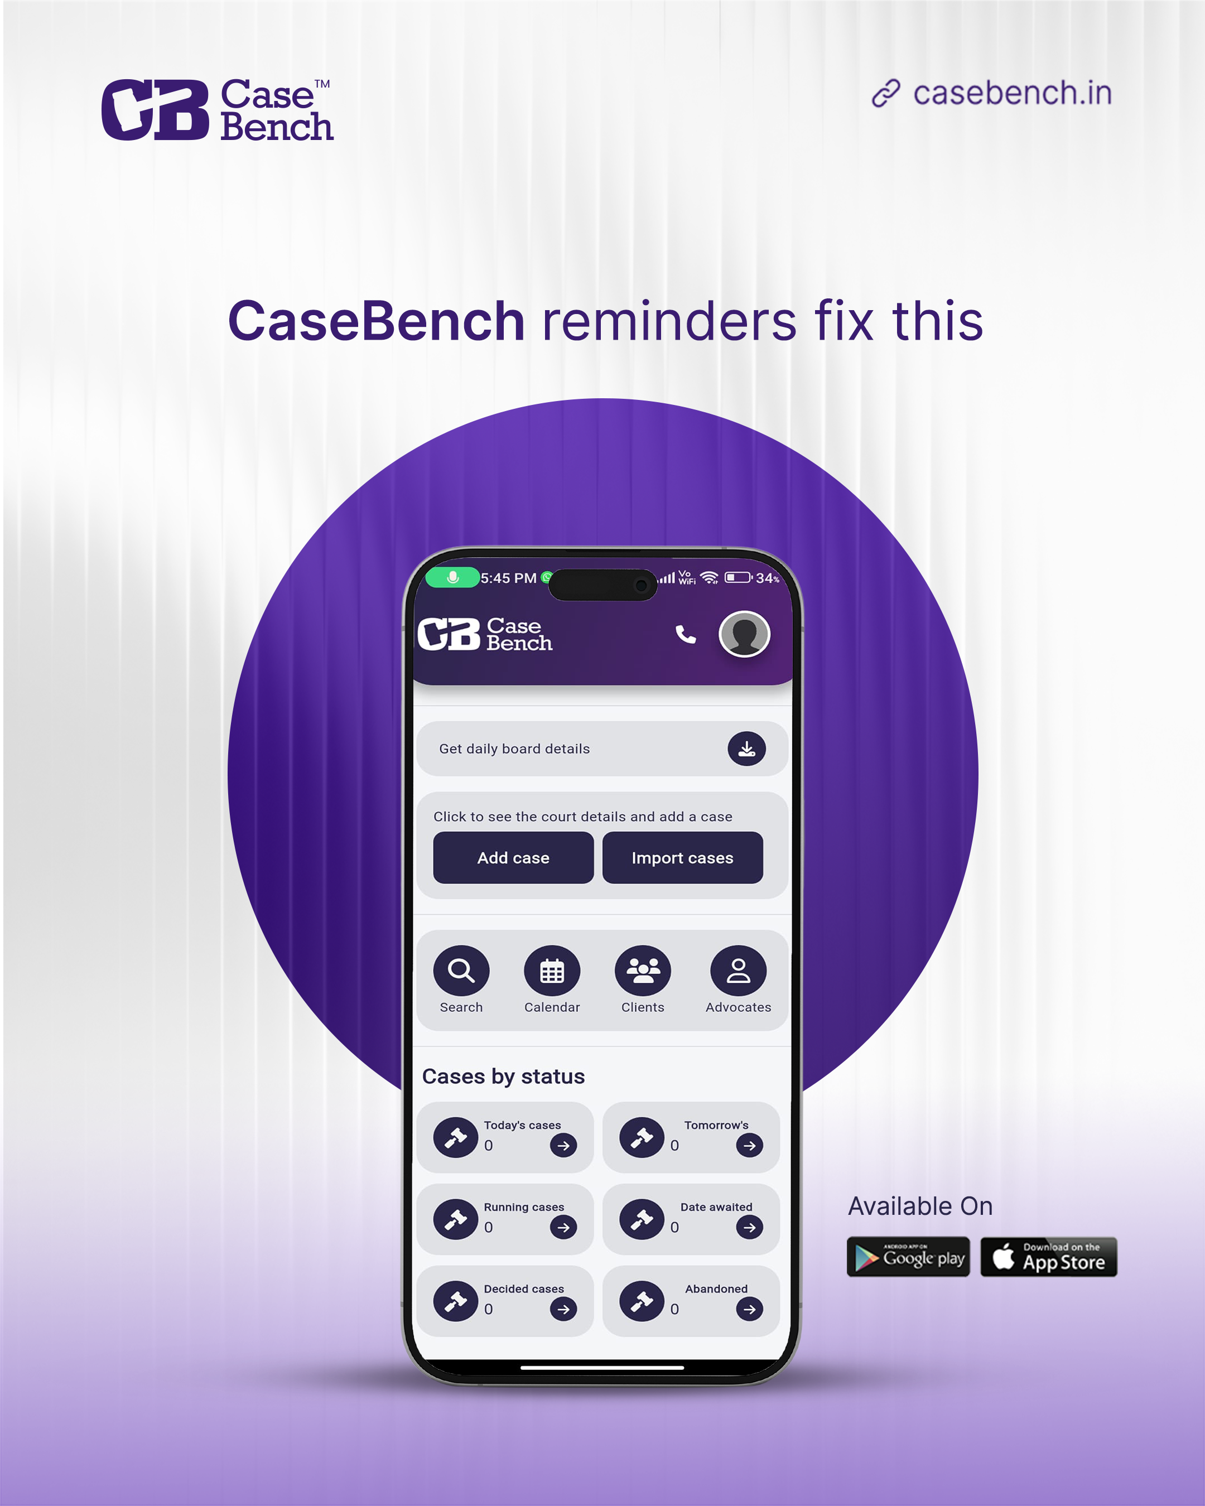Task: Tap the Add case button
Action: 513,858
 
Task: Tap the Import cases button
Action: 682,858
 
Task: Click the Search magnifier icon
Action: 461,970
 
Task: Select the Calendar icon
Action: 552,970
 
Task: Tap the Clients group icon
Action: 643,970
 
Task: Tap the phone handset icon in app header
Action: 685,634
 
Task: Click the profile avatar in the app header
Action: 744,634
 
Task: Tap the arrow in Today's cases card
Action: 563,1146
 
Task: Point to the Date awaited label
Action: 716,1207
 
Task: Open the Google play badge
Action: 908,1257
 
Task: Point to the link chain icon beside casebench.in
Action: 886,93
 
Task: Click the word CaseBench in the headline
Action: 376,321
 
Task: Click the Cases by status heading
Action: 503,1077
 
